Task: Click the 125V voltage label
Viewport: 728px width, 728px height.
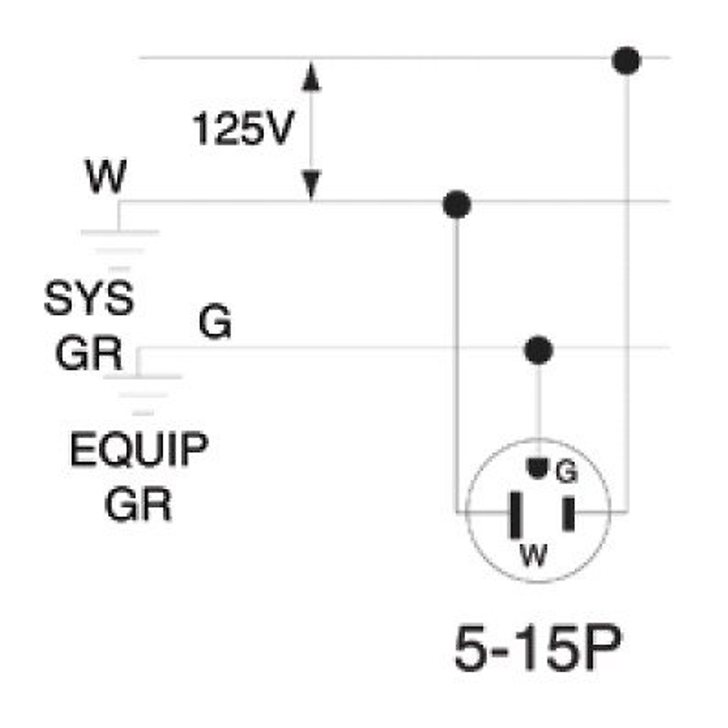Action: pyautogui.click(x=243, y=129)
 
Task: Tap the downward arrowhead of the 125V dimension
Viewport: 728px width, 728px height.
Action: pyautogui.click(x=311, y=184)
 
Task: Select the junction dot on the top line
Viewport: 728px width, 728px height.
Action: pyautogui.click(x=626, y=61)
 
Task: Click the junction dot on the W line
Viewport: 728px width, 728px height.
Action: pyautogui.click(x=457, y=204)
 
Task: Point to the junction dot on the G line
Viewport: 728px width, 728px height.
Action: pyautogui.click(x=538, y=350)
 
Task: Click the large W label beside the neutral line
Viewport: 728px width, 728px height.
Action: pyautogui.click(x=106, y=177)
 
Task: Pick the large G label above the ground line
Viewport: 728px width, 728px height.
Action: pyautogui.click(x=215, y=322)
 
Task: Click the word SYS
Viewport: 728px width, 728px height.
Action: pyautogui.click(x=89, y=298)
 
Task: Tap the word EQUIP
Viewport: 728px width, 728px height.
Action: pyautogui.click(x=139, y=450)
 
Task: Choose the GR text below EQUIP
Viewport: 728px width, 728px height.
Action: pyautogui.click(x=138, y=505)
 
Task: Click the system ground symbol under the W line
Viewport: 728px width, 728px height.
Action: pyautogui.click(x=120, y=249)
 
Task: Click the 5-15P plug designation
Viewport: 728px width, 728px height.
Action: pyautogui.click(x=538, y=649)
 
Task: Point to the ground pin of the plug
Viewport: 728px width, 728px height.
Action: pyautogui.click(x=536, y=467)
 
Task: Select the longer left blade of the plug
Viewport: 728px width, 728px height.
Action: pyautogui.click(x=516, y=514)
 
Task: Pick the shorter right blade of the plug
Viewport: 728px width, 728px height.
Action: pyautogui.click(x=568, y=513)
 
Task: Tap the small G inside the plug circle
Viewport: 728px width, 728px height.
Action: pyautogui.click(x=565, y=472)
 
